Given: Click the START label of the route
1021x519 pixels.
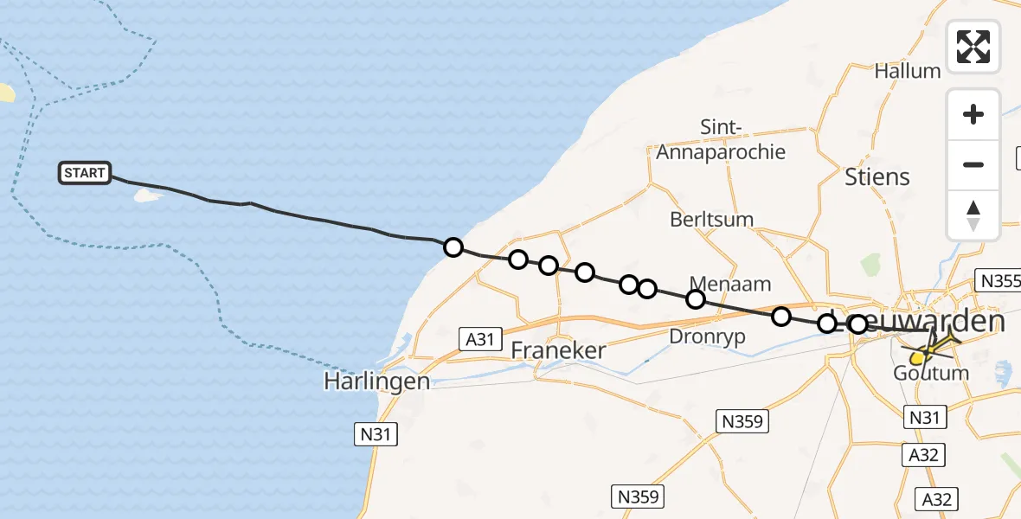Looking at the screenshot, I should coord(85,173).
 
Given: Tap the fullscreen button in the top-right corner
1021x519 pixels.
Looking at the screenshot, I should coord(973,47).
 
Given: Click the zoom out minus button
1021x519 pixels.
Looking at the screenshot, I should coord(973,164).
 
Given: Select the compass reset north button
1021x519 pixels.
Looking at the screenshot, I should coord(973,215).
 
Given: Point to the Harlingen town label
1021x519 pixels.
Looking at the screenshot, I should coord(377,381).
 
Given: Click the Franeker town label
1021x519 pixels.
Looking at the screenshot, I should coord(558,351).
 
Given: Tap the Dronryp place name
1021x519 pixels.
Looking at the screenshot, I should coord(708,337).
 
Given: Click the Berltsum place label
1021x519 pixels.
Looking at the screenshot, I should coord(711,220).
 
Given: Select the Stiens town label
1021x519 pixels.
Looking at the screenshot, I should coord(877,177).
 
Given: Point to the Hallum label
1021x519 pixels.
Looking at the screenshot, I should coord(908,71).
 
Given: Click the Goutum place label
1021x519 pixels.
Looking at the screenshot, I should coord(931,374).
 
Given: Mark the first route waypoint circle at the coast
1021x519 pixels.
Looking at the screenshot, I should coord(453,248).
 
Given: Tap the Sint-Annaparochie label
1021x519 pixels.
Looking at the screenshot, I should coord(721,140).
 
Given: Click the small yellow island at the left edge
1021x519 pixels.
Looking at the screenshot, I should coord(6,92).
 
